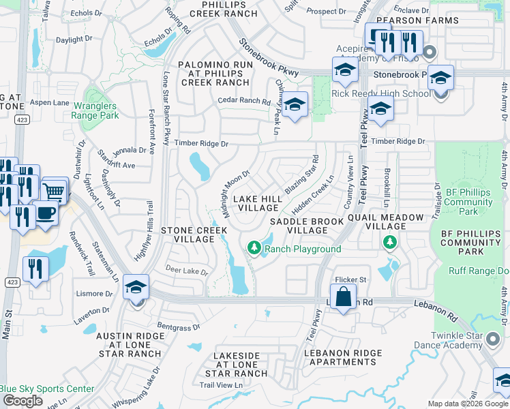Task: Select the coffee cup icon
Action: point(46,212)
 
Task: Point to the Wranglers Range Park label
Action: point(94,110)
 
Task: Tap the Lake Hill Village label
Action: point(256,203)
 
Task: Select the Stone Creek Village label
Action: point(194,235)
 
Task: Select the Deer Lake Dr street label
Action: point(186,271)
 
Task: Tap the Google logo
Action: point(22,401)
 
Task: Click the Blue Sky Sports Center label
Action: point(46,389)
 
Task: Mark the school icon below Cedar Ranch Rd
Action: point(295,105)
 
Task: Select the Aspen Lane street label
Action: point(50,102)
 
